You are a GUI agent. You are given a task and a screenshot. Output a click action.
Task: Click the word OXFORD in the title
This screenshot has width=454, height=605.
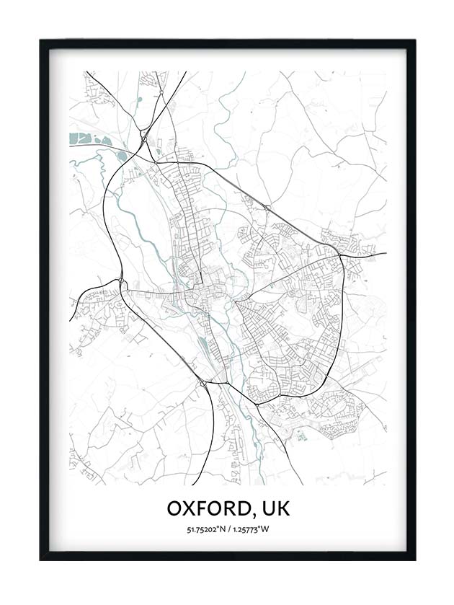point(208,508)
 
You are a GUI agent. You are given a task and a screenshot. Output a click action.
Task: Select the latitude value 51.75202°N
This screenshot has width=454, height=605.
point(205,530)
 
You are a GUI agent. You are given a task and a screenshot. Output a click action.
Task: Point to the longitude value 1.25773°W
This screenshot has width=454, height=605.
point(253,530)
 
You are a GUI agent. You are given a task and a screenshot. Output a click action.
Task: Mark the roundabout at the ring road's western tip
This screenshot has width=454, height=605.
point(120,281)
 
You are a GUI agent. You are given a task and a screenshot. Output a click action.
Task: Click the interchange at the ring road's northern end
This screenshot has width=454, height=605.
point(145,136)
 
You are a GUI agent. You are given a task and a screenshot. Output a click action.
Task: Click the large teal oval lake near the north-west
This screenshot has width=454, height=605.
point(122,155)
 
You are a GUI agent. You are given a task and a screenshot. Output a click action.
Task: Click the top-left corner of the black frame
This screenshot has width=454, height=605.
point(41,41)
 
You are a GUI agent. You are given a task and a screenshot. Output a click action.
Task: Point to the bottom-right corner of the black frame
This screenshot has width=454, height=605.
point(414,559)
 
